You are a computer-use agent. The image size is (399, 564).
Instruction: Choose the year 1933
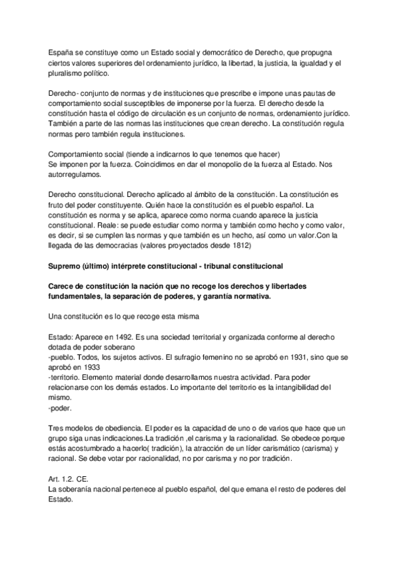[x=92, y=366]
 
